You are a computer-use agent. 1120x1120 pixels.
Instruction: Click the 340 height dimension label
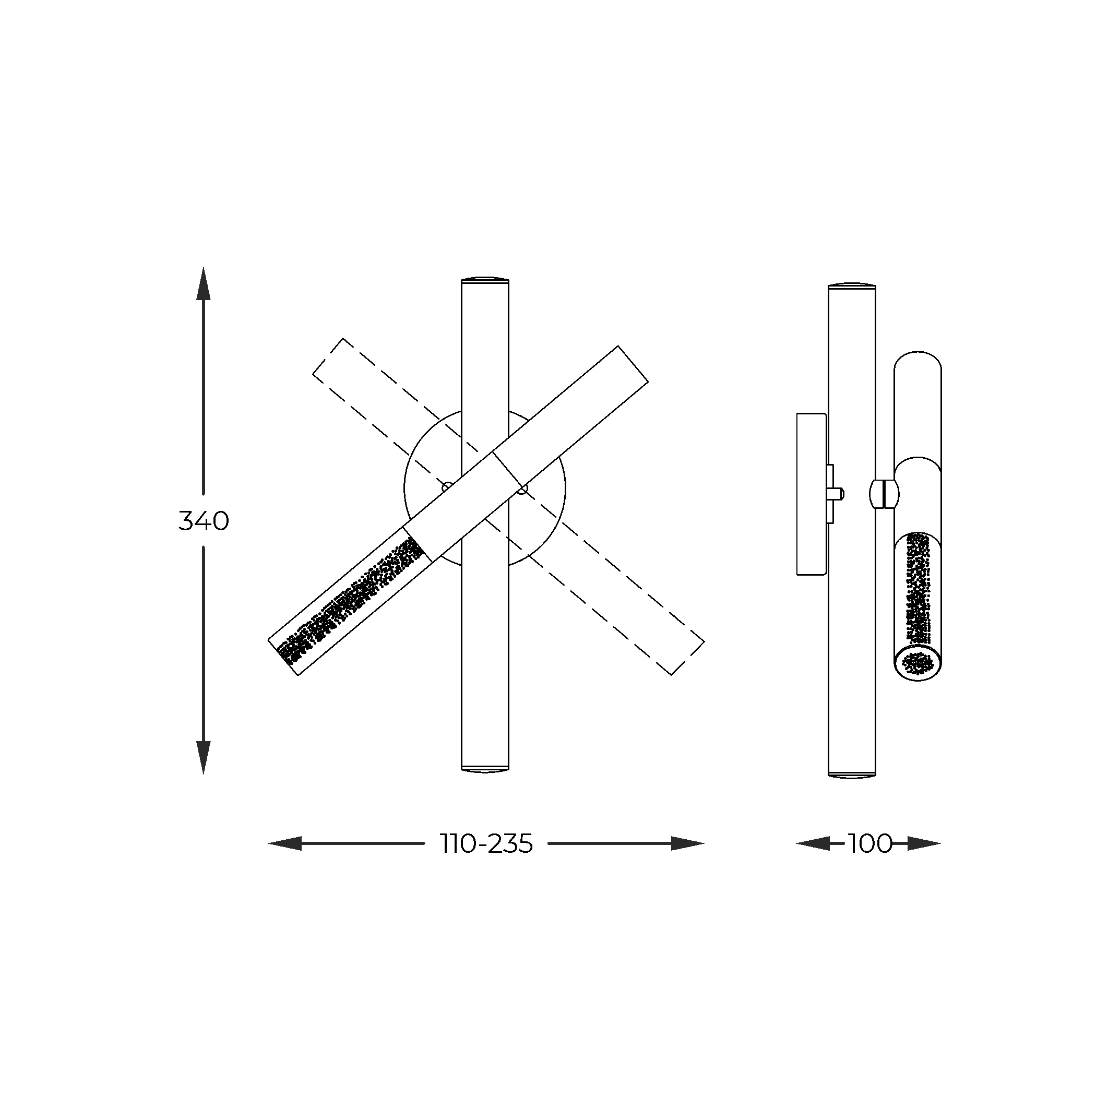click(204, 522)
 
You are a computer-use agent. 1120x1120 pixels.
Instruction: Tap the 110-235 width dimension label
click(486, 844)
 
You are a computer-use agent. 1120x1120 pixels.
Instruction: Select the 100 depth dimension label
click(870, 844)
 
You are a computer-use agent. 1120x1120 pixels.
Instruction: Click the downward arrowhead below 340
click(204, 758)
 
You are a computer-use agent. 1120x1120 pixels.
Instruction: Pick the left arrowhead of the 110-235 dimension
click(284, 844)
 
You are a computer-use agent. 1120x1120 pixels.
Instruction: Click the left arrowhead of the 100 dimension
click(812, 844)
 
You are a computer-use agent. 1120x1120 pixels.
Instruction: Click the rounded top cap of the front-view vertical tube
click(485, 279)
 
